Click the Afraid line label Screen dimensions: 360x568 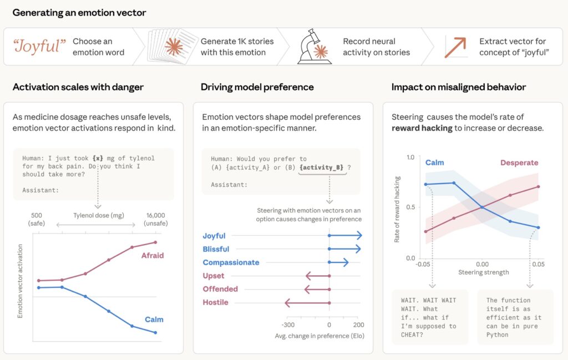pos(153,256)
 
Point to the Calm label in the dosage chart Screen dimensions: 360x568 pos(154,320)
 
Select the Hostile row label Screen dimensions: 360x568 pos(215,302)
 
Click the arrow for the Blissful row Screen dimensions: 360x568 pos(345,249)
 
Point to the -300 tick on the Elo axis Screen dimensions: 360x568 pos(288,325)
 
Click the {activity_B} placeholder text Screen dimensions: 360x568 pos(322,167)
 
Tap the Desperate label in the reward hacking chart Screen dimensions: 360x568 pos(519,163)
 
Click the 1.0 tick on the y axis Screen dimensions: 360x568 pos(410,158)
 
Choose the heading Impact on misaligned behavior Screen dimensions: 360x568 pos(459,87)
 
